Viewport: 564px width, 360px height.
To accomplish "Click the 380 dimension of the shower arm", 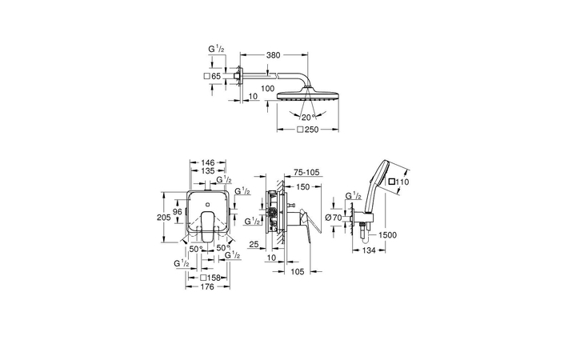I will point(274,56).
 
